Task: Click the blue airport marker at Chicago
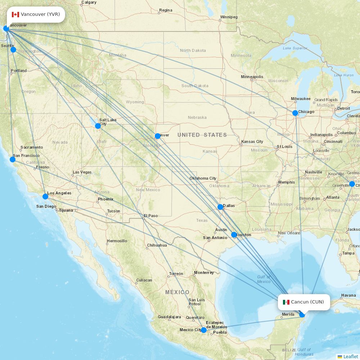[x=295, y=113]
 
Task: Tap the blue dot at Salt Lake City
[x=98, y=126]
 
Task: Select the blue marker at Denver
[x=157, y=136]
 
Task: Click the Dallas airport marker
[x=220, y=207]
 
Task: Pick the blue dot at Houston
[x=234, y=235]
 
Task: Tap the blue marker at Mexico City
[x=204, y=330]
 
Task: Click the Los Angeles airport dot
[x=45, y=196]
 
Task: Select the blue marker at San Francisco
[x=13, y=159]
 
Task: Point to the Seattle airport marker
[x=13, y=50]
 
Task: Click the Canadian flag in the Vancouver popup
[x=15, y=14]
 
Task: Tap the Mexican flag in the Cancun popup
[x=286, y=302]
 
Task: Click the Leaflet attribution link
[x=350, y=356]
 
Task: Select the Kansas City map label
[x=252, y=141]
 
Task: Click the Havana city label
[x=348, y=295]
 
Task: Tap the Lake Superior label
[x=295, y=48]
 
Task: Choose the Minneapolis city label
[x=252, y=77]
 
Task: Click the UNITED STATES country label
[x=202, y=135]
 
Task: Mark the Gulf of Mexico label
[x=264, y=279]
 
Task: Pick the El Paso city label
[x=150, y=216]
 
